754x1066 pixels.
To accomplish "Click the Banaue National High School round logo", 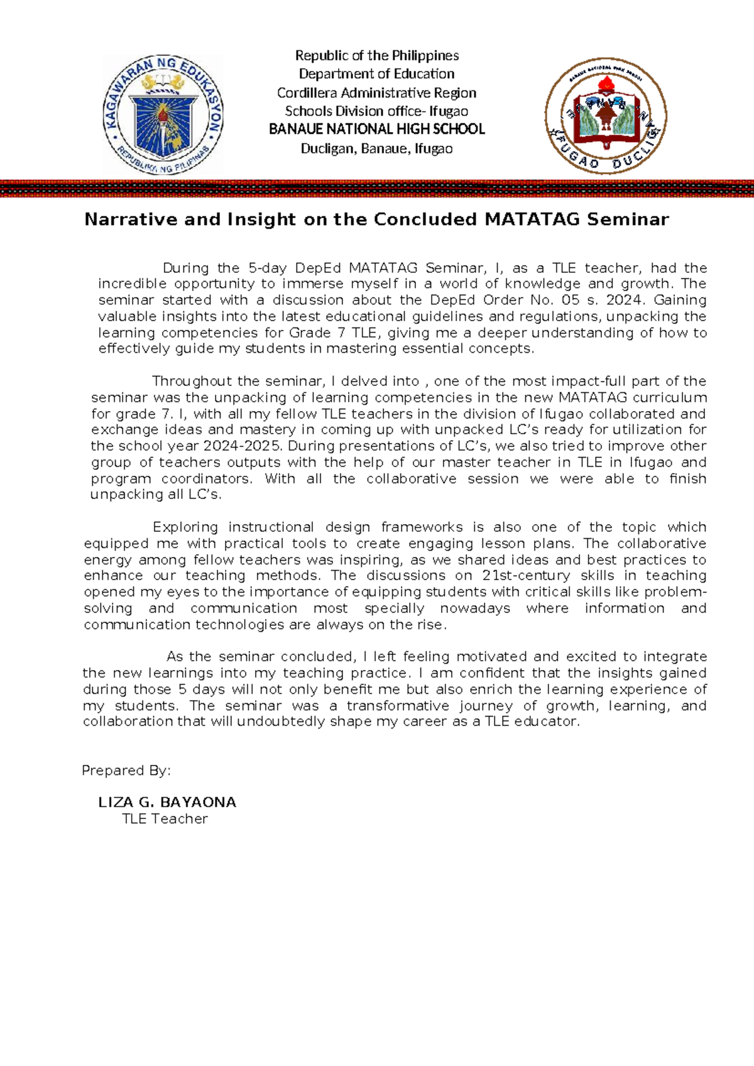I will [x=606, y=116].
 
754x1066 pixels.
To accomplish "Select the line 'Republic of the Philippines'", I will [x=377, y=55].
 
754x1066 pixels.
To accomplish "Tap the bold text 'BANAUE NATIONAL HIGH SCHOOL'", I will [x=377, y=129].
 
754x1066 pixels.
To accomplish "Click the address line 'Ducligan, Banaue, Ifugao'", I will [x=377, y=149].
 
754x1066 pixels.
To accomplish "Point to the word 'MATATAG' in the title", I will [x=532, y=219].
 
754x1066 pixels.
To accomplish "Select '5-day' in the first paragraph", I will [x=268, y=268].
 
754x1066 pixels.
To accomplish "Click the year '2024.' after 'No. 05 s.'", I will [x=625, y=300].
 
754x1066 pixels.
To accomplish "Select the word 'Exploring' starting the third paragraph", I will [x=185, y=527].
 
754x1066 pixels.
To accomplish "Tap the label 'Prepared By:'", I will [x=126, y=771].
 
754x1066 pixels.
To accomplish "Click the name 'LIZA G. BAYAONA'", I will [x=167, y=803].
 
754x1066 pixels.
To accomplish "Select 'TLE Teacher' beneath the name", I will [x=165, y=819].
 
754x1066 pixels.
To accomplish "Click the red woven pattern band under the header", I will [x=377, y=189].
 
